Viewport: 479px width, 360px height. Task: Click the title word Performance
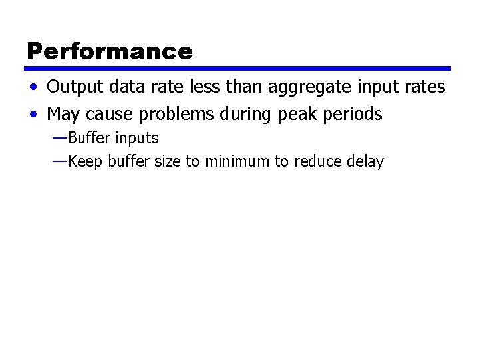[110, 51]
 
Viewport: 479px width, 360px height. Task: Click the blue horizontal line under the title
[238, 68]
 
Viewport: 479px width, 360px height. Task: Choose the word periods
[357, 115]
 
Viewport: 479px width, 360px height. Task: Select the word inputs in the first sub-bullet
[137, 139]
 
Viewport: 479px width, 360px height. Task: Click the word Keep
[83, 161]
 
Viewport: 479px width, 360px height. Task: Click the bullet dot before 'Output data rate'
[33, 88]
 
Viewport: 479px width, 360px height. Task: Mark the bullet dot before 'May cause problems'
[33, 115]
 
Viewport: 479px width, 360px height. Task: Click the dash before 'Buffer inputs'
[59, 138]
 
